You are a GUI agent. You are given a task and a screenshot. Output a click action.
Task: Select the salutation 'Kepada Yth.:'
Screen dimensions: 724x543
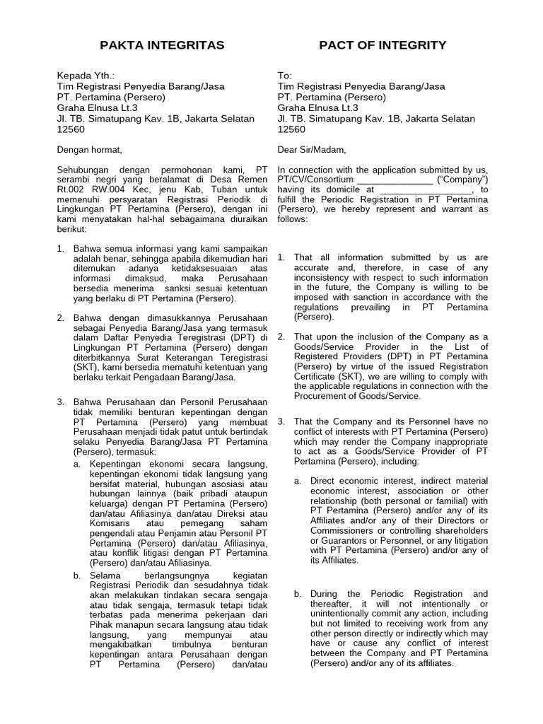pos(85,76)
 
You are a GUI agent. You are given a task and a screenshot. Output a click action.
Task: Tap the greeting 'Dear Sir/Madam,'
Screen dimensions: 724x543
pos(312,149)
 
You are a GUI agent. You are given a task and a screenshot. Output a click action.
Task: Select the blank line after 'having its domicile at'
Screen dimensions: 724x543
pos(425,189)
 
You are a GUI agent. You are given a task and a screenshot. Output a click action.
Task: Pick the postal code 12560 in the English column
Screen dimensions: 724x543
pos(291,129)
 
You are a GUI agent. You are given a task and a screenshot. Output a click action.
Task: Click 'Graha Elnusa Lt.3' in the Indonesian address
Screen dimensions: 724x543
pos(97,107)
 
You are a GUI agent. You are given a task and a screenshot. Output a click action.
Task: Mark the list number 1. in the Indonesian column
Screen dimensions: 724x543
pos(61,248)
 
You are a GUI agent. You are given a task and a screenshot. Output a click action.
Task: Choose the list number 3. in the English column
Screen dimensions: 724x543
pos(281,421)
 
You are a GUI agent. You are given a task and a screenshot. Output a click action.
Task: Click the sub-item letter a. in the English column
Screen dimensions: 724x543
pos(298,481)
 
